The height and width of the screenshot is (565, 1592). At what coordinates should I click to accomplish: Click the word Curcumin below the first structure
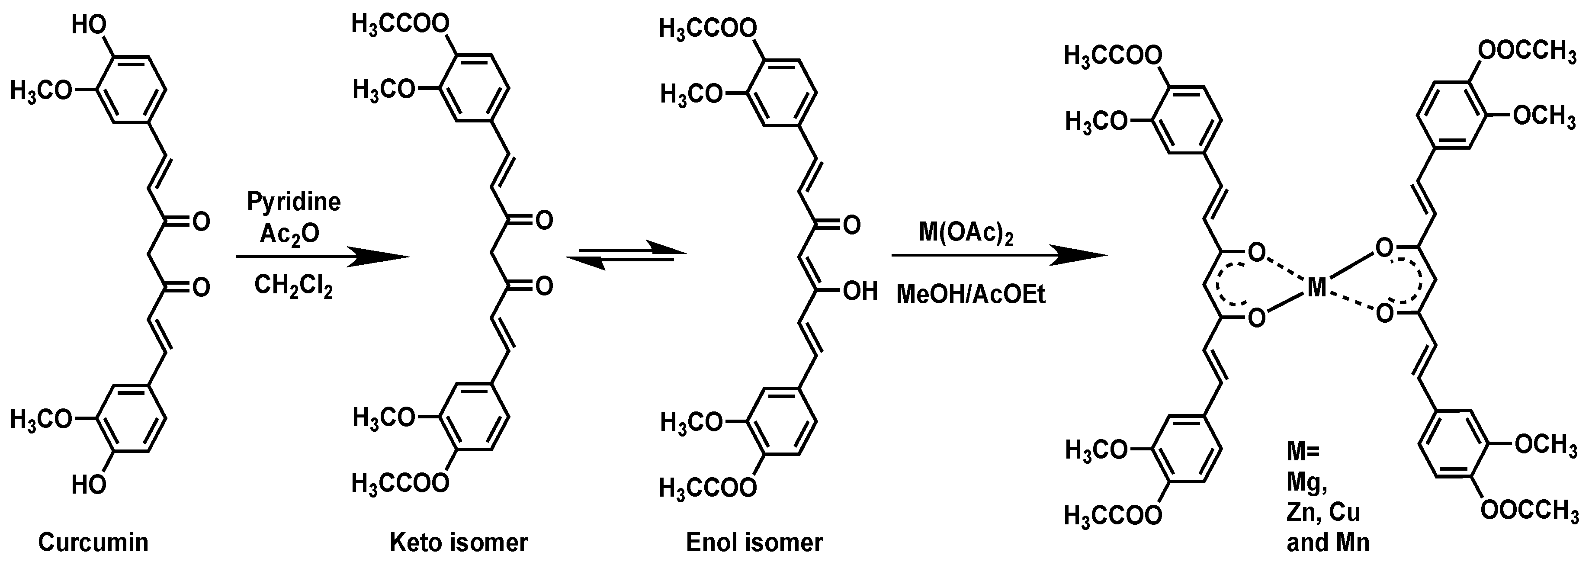point(93,542)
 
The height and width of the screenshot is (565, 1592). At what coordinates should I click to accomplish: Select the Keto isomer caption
point(459,542)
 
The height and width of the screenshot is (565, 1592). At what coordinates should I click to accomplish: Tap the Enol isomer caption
point(754,542)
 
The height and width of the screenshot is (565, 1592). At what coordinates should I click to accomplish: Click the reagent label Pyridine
point(294,202)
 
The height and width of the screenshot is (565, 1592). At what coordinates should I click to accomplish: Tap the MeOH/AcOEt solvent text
point(971,295)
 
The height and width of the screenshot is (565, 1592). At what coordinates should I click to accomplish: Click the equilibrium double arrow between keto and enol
point(626,255)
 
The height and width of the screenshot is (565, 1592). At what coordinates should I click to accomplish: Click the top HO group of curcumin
point(89,26)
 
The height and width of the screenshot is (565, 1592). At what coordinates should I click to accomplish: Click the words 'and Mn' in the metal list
point(1328,542)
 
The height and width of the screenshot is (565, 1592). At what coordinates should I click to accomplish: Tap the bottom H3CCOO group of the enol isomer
point(708,488)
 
